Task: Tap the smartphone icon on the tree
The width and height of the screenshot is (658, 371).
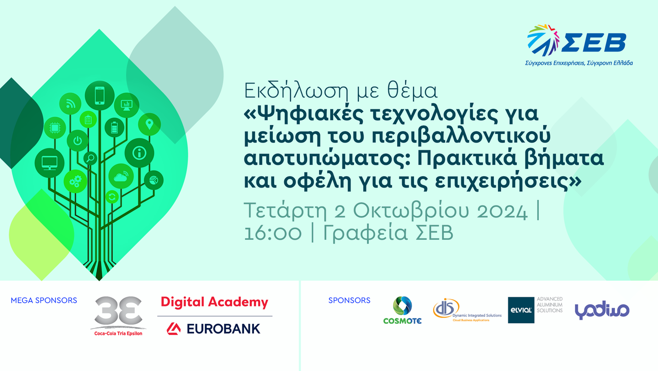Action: click(100, 96)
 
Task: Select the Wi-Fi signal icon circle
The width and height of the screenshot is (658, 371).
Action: click(70, 104)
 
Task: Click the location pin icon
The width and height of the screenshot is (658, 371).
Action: click(149, 124)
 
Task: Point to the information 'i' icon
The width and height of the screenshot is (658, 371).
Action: click(139, 153)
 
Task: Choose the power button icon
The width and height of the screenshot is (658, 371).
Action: click(78, 141)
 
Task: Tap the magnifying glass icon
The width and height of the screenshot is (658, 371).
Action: click(90, 158)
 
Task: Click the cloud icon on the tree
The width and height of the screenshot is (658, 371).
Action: click(121, 177)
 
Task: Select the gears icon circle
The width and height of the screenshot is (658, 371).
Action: click(75, 181)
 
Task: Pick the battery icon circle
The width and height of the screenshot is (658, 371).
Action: click(114, 128)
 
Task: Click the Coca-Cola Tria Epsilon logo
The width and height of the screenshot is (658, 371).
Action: click(118, 316)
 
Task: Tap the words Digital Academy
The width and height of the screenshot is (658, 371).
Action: click(214, 302)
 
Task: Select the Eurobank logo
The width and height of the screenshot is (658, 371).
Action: click(213, 328)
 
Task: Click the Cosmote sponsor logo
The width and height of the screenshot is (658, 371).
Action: click(402, 311)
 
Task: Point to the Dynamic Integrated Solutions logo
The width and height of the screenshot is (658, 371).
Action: click(467, 311)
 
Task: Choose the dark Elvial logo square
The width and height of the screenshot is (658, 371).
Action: click(521, 310)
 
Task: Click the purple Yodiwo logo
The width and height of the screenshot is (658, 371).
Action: click(602, 310)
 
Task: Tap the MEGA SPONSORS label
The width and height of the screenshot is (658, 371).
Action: click(44, 301)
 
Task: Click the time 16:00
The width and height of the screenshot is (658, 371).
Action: click(273, 233)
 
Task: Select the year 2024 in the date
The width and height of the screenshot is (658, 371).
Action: click(502, 211)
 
